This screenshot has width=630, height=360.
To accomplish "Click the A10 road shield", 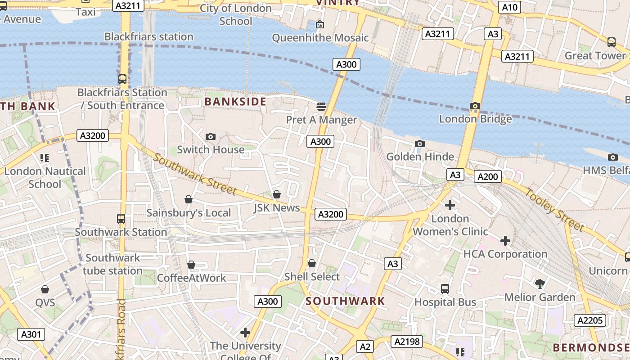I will click(509, 7).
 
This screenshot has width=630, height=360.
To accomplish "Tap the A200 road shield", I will click(488, 177).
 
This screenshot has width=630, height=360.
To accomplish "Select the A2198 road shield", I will click(407, 342).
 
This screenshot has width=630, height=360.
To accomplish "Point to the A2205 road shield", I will click(589, 320).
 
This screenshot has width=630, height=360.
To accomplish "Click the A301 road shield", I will click(31, 334).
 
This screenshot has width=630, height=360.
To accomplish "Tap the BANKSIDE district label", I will click(235, 102).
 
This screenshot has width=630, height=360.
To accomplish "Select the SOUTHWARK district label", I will click(345, 301).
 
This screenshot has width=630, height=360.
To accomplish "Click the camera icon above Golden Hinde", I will click(419, 144).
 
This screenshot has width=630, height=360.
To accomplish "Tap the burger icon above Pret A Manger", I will click(321, 107).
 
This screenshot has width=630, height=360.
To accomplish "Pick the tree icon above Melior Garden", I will click(540, 284).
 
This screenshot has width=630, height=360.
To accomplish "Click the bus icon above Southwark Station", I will click(121, 219).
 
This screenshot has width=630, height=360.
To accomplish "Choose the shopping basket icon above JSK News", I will click(277, 194).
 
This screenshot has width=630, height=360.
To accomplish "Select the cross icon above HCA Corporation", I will click(505, 241).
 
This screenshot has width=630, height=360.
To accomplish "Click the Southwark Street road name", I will click(195, 174).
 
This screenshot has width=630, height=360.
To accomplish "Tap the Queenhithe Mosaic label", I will click(320, 38).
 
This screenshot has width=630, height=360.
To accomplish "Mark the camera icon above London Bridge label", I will click(475, 106).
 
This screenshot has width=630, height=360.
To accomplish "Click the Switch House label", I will click(211, 149).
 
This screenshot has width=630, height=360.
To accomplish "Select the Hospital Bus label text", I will click(445, 302).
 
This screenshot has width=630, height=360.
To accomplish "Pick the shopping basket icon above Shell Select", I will click(311, 263).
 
